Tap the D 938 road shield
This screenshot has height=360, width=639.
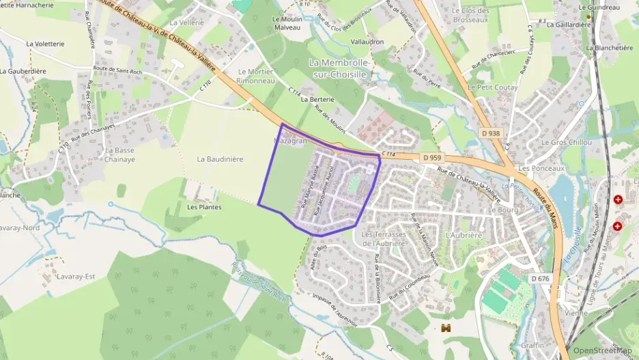click(x=489, y=133)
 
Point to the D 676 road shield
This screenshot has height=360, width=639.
click(x=540, y=278)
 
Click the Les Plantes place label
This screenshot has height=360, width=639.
click(x=204, y=207)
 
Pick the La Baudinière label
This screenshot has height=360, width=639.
click(x=220, y=159)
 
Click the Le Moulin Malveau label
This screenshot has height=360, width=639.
click(x=287, y=23)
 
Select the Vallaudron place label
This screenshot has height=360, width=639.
click(x=367, y=42)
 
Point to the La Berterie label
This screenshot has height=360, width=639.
click(x=317, y=99)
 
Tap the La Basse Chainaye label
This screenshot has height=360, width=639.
click(x=119, y=154)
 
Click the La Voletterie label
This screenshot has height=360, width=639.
click(x=45, y=43)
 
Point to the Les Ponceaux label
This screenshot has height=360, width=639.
click(x=538, y=167)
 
